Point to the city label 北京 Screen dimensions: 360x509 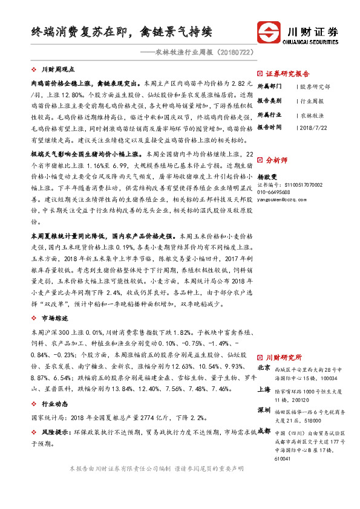tap(264, 368)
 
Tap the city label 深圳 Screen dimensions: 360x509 tap(264, 410)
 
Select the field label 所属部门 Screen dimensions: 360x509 tap(270, 86)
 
